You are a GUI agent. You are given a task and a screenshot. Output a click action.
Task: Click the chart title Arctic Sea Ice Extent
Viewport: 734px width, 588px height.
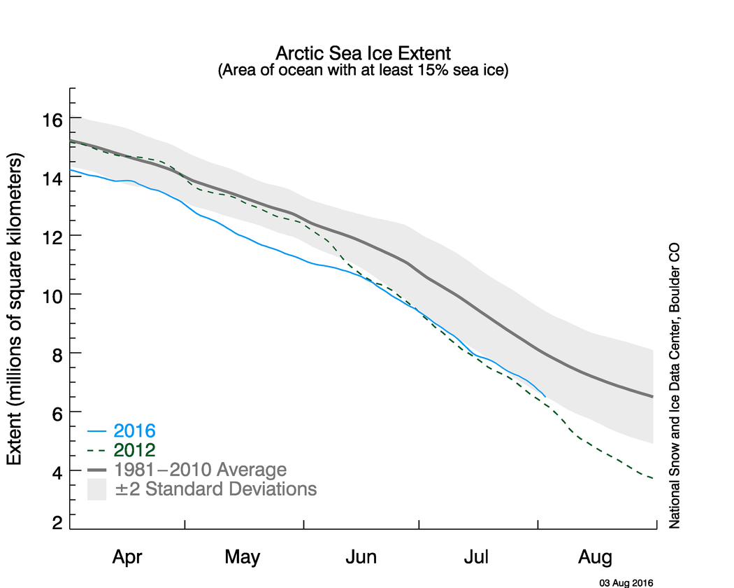click(x=363, y=53)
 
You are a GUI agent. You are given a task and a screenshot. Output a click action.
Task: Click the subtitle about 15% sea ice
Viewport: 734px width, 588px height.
click(x=363, y=70)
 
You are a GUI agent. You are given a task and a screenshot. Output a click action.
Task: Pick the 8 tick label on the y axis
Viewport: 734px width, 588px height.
click(x=55, y=353)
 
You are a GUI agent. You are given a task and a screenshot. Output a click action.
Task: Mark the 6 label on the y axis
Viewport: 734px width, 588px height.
click(x=55, y=412)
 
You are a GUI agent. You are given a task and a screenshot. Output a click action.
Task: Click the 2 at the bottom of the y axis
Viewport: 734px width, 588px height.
click(x=55, y=523)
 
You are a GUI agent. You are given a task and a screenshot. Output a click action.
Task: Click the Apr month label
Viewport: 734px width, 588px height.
click(x=127, y=557)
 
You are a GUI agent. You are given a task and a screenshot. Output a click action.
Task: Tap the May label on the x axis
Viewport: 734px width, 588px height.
click(x=243, y=557)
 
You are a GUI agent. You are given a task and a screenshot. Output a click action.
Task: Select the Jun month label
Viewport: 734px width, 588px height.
click(x=361, y=557)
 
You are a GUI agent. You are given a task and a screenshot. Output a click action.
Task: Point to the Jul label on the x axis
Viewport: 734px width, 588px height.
click(x=477, y=557)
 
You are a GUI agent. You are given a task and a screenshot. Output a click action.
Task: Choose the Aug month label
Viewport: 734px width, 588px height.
click(x=596, y=557)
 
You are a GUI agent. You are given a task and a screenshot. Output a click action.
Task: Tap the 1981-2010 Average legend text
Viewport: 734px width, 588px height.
click(x=200, y=469)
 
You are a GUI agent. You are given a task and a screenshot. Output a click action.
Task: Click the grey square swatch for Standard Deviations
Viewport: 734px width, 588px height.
click(x=96, y=489)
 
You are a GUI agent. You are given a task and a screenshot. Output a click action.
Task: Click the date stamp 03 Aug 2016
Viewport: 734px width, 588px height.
click(x=626, y=582)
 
